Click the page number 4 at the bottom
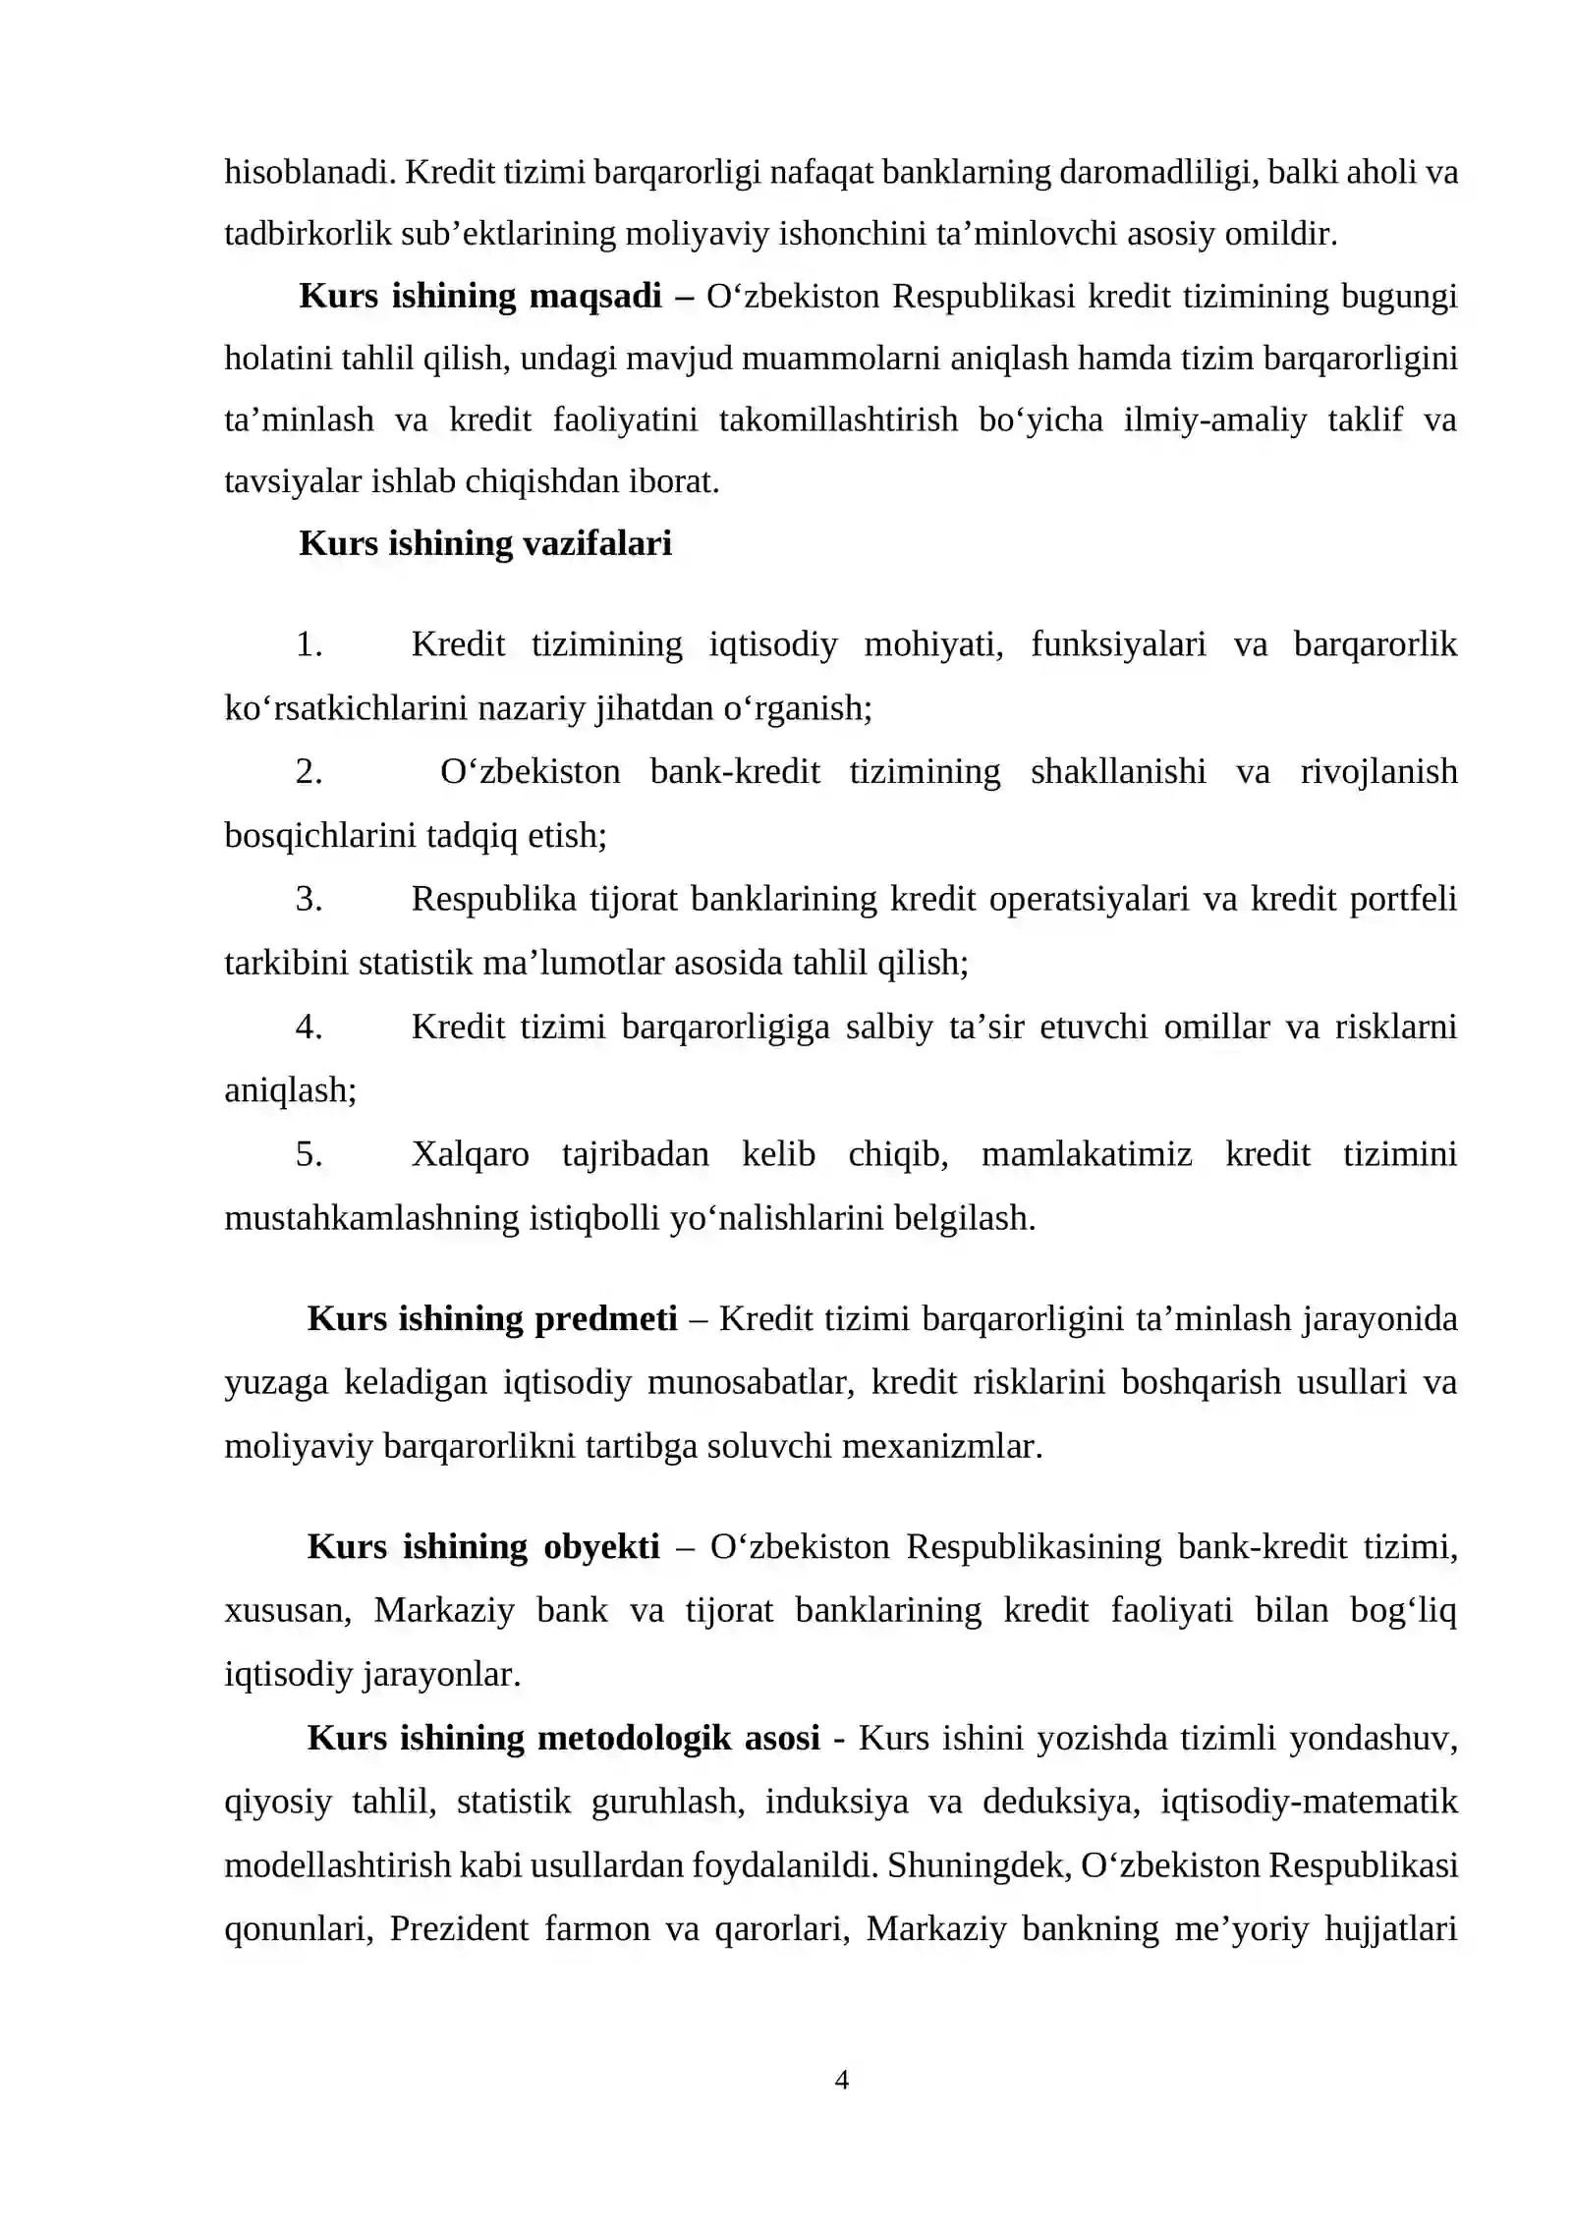coord(841,2080)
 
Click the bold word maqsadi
coord(595,296)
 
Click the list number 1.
coord(309,644)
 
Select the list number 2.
coord(309,772)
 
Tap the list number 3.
coord(309,899)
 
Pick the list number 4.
coord(309,1027)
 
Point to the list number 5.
coord(309,1154)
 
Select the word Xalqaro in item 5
coord(470,1154)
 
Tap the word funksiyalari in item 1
coord(1118,644)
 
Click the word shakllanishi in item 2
coord(1118,772)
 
